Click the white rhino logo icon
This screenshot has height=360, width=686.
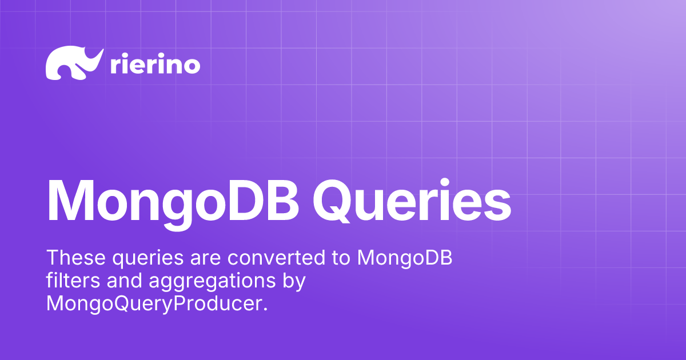[x=74, y=63]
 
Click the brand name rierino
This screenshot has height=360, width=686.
[x=155, y=63]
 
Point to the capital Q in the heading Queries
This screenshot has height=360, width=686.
[x=332, y=201]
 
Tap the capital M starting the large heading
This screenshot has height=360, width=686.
[x=71, y=201]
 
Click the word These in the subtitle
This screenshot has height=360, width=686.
[x=76, y=257]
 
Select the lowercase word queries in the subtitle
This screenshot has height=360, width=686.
[x=148, y=259]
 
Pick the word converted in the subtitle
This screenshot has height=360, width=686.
[x=276, y=257]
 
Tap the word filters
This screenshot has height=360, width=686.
[x=73, y=280]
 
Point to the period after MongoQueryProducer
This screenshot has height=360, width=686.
[x=265, y=310]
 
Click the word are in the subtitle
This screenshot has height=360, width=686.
[x=205, y=259]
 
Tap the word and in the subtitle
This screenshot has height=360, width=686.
[x=125, y=280]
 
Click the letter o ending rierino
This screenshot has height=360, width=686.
[x=192, y=66]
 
